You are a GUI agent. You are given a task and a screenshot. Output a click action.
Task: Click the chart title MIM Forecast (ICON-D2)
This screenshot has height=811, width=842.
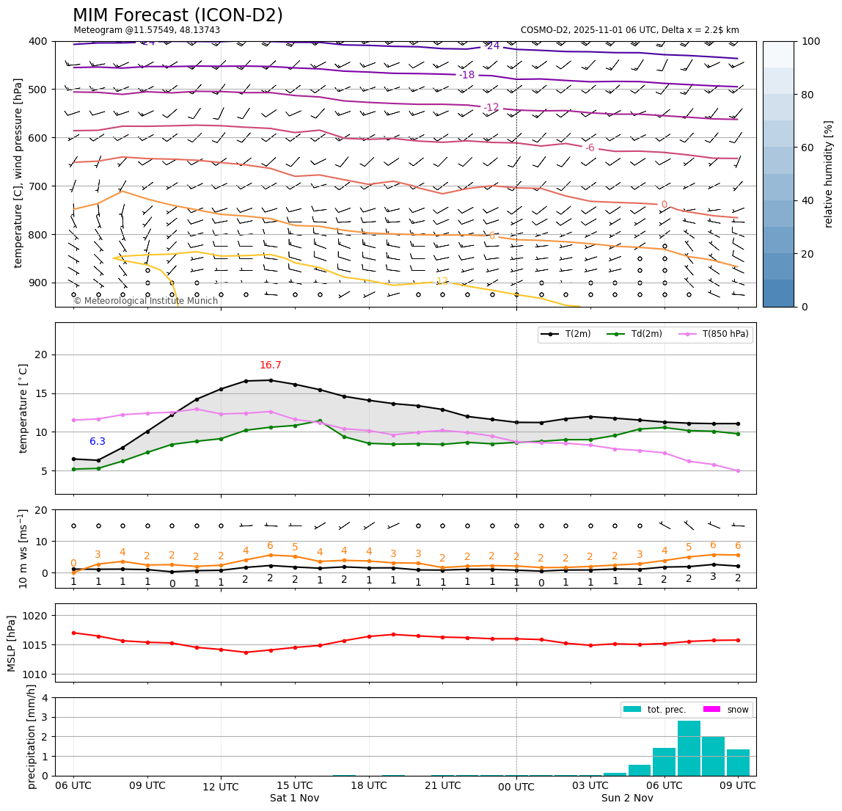(177, 15)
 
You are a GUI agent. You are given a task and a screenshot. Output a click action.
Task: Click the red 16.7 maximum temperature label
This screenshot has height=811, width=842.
(270, 366)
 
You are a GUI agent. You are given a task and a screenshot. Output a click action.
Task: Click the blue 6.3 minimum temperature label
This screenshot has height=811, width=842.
(98, 442)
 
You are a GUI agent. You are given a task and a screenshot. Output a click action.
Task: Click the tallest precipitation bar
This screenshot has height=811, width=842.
(689, 747)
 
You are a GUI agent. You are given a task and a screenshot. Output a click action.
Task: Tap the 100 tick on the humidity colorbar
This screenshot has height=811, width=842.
(810, 41)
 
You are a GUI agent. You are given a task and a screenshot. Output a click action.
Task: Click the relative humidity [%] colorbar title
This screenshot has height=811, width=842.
(829, 174)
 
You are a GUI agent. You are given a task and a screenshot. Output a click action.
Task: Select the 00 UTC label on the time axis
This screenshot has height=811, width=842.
(516, 787)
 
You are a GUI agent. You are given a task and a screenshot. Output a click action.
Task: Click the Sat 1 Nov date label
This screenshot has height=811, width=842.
(294, 799)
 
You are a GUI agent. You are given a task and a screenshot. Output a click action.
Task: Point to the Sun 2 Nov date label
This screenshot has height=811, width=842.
(627, 799)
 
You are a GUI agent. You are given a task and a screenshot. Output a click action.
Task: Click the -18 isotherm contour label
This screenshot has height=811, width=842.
(466, 75)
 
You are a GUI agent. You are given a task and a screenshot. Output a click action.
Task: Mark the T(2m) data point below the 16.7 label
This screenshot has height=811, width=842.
(271, 380)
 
